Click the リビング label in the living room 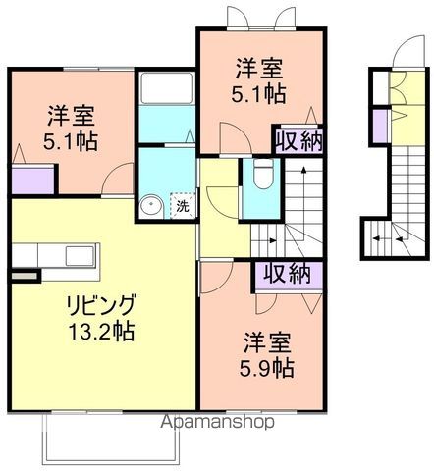(x=102, y=304)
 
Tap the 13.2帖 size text (x=102, y=330)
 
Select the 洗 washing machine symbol (x=183, y=206)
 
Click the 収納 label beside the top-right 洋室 (x=299, y=141)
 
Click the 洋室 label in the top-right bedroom (x=258, y=69)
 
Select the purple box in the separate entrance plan (x=378, y=124)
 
